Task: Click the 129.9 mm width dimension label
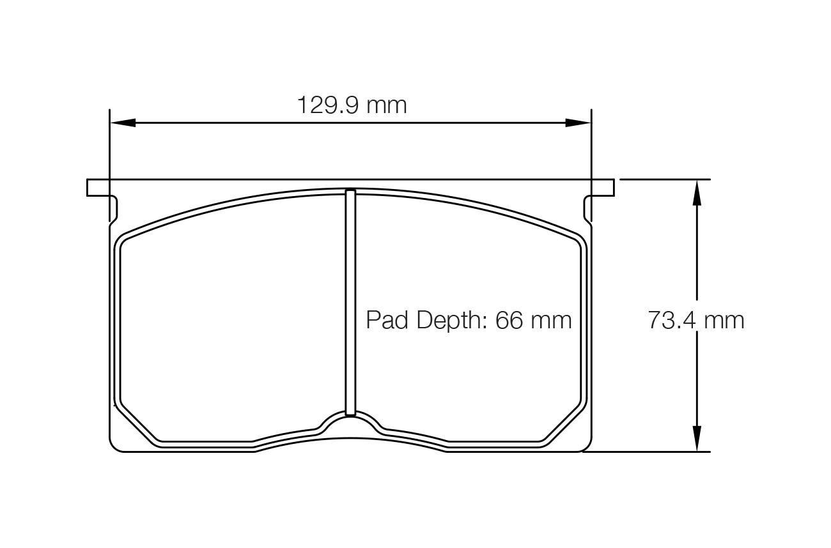pos(352,105)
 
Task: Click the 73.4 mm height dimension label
pos(696,319)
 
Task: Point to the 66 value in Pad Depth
pos(509,319)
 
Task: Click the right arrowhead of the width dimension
pos(579,123)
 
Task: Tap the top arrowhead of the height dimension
pos(696,192)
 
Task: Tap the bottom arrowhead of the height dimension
pos(696,439)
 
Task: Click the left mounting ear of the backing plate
pos(98,187)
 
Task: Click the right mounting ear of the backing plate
pos(602,187)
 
